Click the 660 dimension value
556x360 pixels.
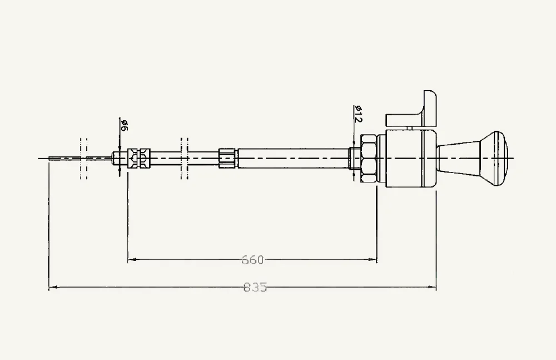click(253, 260)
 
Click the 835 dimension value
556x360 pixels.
click(255, 287)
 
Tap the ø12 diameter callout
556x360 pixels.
click(358, 114)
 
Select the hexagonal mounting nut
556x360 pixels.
click(369, 158)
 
